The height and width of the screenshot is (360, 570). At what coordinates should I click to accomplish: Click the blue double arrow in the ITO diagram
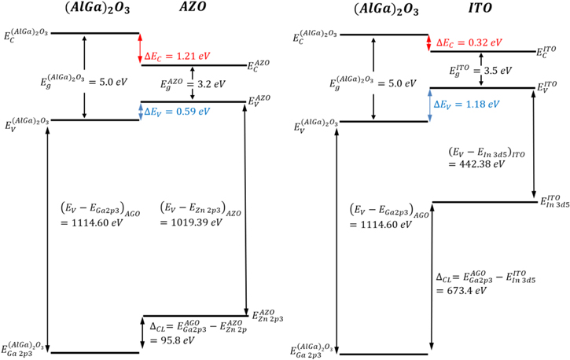coord(430,105)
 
